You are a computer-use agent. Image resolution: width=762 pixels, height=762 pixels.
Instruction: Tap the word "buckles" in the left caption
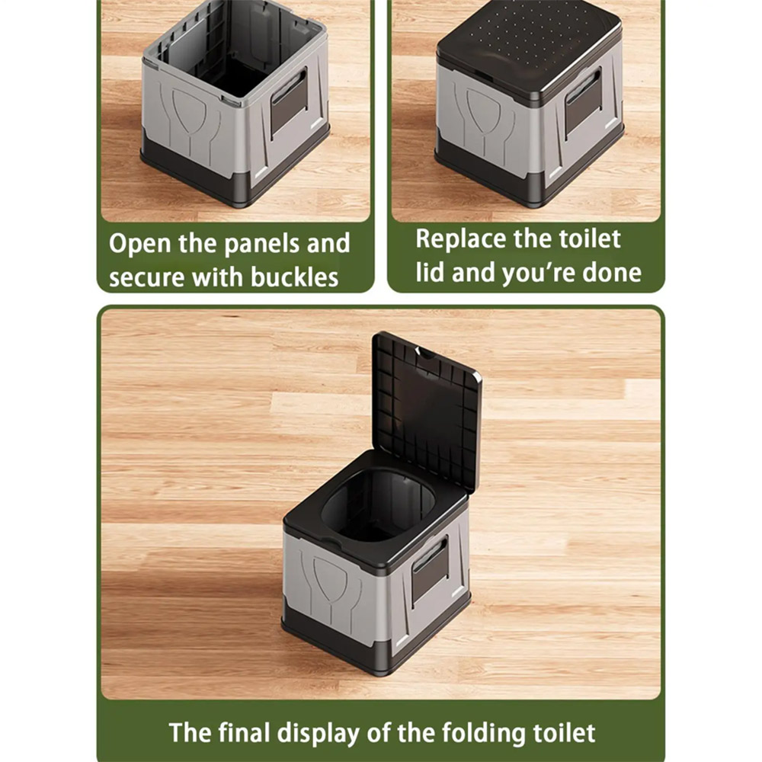click(x=294, y=277)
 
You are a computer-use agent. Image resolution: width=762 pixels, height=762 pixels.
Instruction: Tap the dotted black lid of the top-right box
click(x=530, y=49)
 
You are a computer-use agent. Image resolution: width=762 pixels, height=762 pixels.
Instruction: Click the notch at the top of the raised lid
click(x=426, y=354)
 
